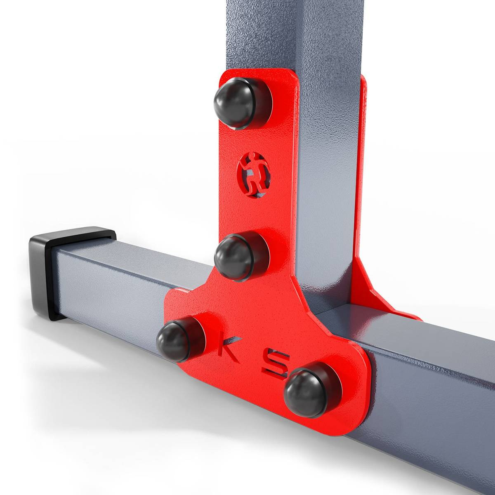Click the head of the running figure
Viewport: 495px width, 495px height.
click(254, 157)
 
